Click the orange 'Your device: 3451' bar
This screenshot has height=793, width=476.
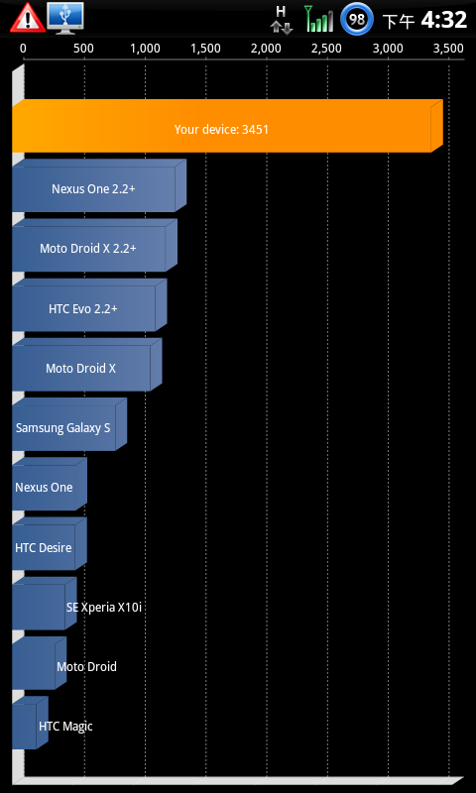(x=227, y=126)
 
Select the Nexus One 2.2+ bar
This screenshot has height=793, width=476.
(x=99, y=185)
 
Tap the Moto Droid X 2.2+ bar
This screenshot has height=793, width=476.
(x=94, y=245)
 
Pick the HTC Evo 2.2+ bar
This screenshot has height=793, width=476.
(x=89, y=305)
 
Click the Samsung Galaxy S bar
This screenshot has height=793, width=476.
(x=69, y=424)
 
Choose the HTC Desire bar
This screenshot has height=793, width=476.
(x=50, y=543)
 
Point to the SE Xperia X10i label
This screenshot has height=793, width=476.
(x=104, y=608)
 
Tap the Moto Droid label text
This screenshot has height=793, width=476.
(x=86, y=666)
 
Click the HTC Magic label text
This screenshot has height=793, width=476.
(x=65, y=727)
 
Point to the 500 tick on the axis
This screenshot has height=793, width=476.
(x=83, y=49)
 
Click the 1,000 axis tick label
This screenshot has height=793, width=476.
(x=145, y=49)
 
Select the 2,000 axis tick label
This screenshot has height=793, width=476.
(x=266, y=49)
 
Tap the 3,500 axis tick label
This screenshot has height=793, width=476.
(x=448, y=49)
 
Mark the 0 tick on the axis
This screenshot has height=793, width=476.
(x=23, y=49)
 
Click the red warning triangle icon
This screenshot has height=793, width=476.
(x=28, y=18)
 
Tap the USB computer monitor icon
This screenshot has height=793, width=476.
(x=65, y=19)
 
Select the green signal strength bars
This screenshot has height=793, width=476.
(x=319, y=19)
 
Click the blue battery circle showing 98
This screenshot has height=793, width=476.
(x=357, y=19)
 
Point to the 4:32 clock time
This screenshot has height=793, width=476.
(x=443, y=20)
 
